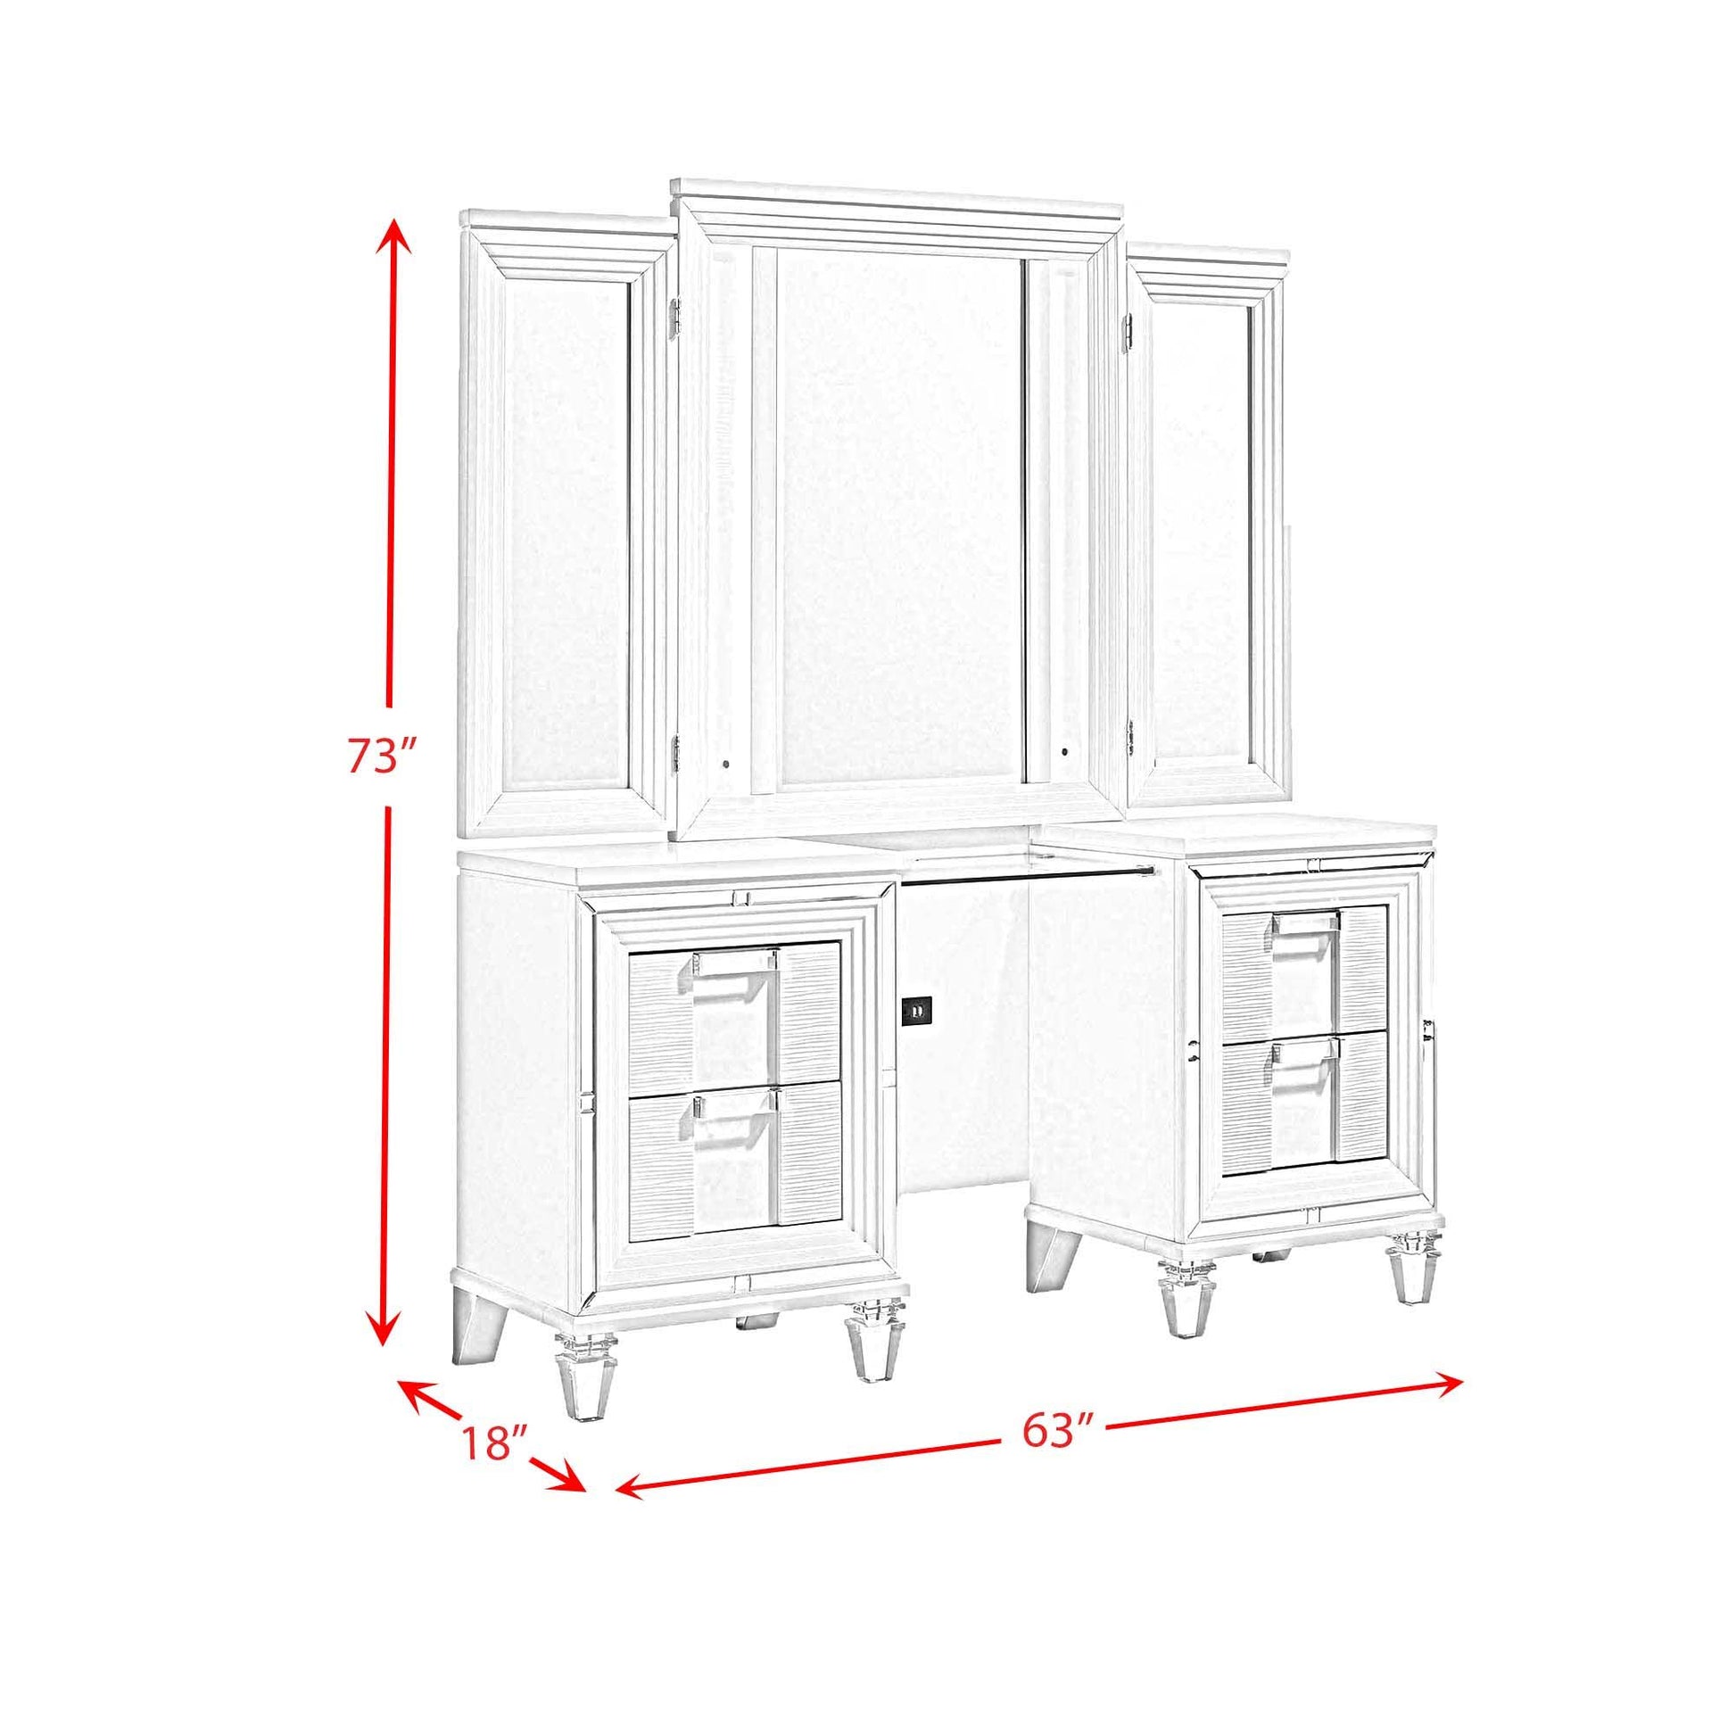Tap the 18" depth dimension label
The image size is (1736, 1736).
coord(493,1467)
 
